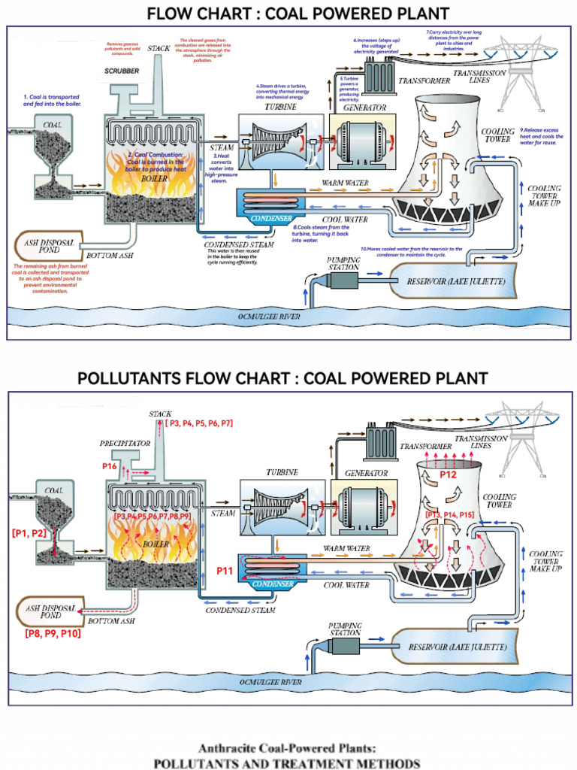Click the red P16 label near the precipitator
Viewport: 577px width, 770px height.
click(109, 466)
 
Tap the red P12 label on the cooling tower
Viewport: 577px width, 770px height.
click(448, 475)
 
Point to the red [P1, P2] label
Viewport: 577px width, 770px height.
click(29, 533)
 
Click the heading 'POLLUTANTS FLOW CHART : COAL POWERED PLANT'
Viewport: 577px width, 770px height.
click(282, 378)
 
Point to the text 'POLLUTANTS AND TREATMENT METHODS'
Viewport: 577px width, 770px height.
click(286, 762)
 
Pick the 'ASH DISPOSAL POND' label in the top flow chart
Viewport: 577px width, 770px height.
click(46, 247)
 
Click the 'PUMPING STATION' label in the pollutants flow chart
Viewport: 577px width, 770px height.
click(345, 629)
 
